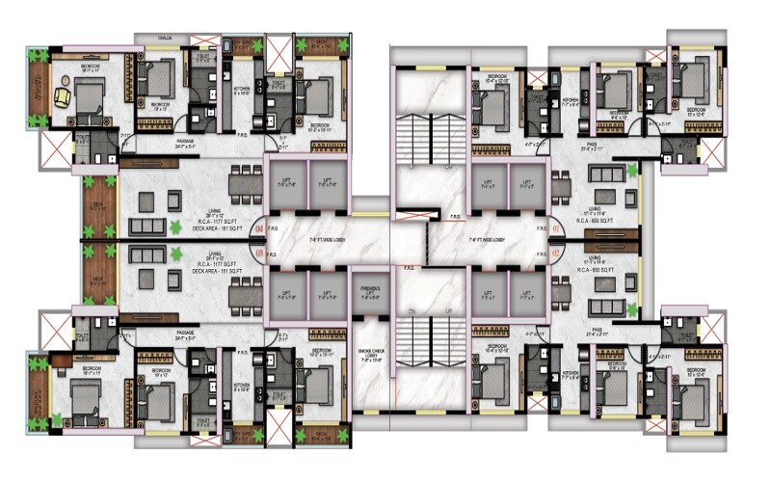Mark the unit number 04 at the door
click(x=258, y=228)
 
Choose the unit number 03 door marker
click(x=258, y=252)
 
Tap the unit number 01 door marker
click(x=557, y=228)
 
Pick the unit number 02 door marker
click(x=557, y=252)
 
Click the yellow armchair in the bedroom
click(x=64, y=96)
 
